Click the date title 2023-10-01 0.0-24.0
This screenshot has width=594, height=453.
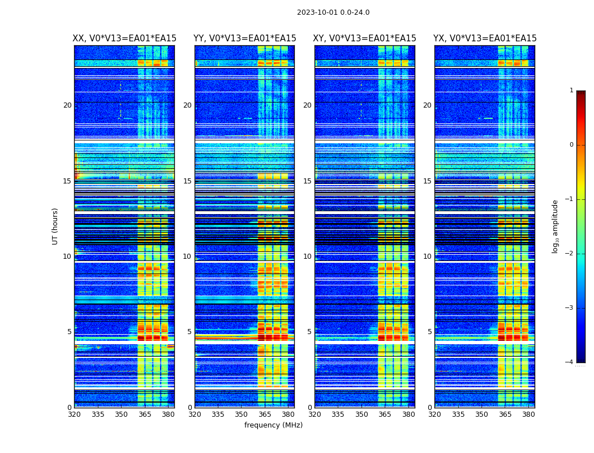[x=333, y=12]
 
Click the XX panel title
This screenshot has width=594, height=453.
[x=124, y=39]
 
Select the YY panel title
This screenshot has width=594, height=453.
[x=244, y=39]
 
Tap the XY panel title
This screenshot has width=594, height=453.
[x=365, y=39]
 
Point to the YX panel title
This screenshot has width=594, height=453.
[x=485, y=39]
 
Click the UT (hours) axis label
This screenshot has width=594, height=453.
[x=55, y=226]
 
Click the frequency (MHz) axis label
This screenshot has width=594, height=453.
[x=273, y=425]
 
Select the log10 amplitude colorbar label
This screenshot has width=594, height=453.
[x=556, y=226]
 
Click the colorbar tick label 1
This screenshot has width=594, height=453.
[x=571, y=91]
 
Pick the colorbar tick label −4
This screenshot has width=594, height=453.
[x=570, y=362]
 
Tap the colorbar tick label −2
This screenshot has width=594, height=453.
[x=570, y=254]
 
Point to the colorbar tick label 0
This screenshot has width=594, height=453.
[x=571, y=145]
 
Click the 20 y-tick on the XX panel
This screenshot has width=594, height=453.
[x=67, y=105]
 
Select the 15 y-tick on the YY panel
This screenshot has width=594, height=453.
[x=187, y=181]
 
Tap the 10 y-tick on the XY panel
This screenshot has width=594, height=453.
[x=307, y=257]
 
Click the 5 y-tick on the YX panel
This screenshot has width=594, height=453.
[x=429, y=332]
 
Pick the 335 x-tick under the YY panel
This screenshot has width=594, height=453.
[x=218, y=414]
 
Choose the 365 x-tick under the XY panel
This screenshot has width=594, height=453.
[x=385, y=414]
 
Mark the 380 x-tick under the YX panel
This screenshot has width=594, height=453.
[x=528, y=414]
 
